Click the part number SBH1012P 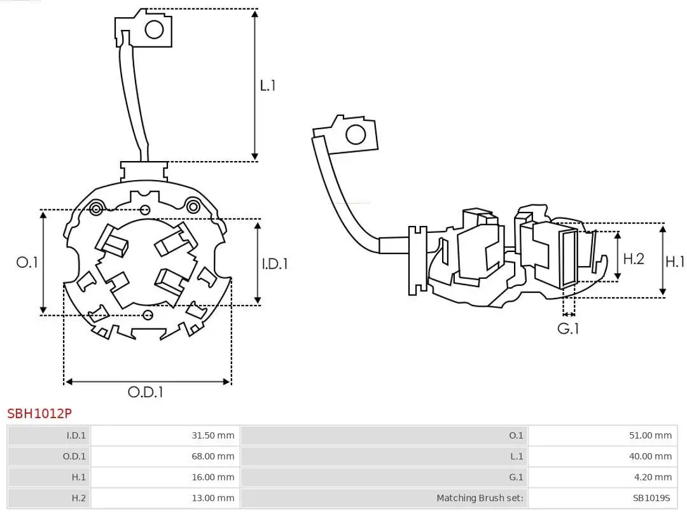(x=39, y=413)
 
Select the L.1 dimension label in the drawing (x=268, y=85)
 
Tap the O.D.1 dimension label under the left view (x=146, y=392)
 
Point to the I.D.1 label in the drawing (x=275, y=263)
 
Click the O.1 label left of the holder (x=27, y=262)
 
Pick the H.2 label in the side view (x=634, y=258)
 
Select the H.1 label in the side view (x=676, y=261)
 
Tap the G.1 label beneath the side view (x=569, y=328)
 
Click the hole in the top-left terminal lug (x=154, y=29)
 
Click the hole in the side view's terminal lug (x=355, y=134)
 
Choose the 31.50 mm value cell (x=213, y=436)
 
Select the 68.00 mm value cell (x=213, y=456)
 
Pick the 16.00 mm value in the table (x=213, y=477)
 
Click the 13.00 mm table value (x=213, y=498)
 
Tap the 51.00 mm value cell (x=651, y=436)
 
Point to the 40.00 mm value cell (x=651, y=456)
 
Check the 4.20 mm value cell (x=653, y=477)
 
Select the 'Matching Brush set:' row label (x=480, y=498)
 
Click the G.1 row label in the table (x=515, y=477)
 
